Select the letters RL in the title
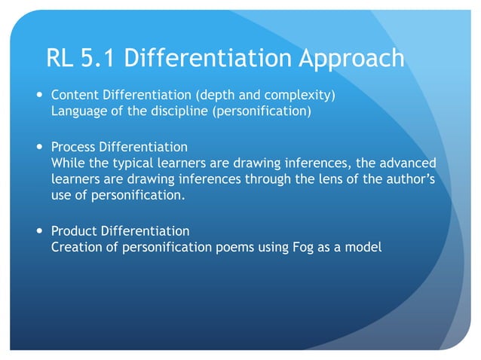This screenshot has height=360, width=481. pyautogui.click(x=59, y=57)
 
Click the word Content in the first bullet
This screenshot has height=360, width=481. pyautogui.click(x=74, y=96)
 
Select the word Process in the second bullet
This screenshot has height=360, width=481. pyautogui.click(x=74, y=146)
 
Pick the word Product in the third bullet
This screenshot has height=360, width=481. pyautogui.click(x=74, y=230)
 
